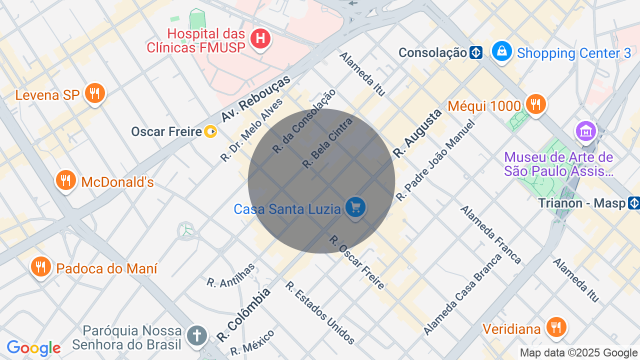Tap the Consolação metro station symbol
click(476, 52)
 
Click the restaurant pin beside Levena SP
click(94, 93)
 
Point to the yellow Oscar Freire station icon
click(211, 131)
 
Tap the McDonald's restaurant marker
click(65, 180)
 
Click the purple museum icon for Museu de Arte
click(585, 131)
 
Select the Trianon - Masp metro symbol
click(634, 203)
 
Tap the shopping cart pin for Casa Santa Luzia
click(355, 207)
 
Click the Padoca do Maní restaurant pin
click(40, 267)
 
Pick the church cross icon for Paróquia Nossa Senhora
click(197, 335)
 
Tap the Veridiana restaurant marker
click(555, 328)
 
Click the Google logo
click(33, 348)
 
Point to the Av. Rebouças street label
click(255, 99)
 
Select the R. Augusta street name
click(417, 133)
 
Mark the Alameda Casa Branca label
click(462, 295)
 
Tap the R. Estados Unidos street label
click(320, 313)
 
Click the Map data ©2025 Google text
click(578, 353)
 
